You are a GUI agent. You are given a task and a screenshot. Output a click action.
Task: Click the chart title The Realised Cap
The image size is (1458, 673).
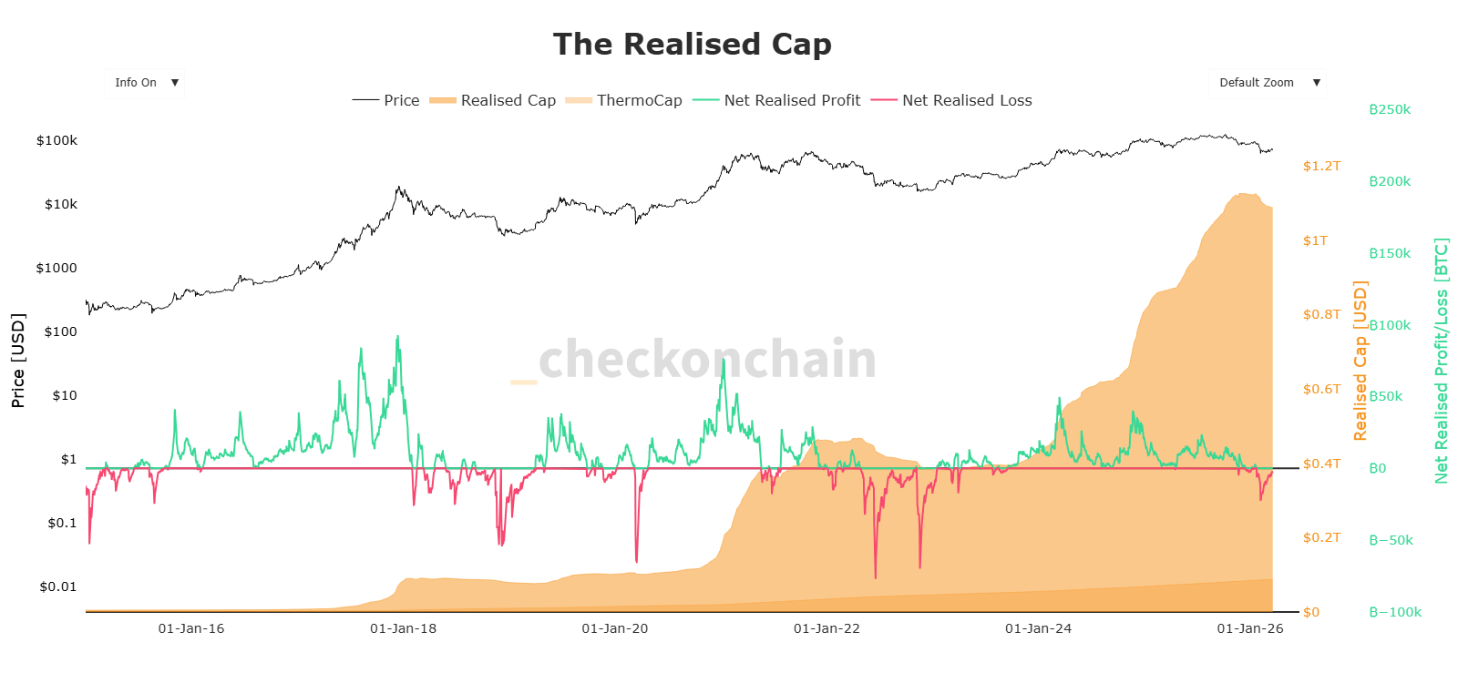pos(692,45)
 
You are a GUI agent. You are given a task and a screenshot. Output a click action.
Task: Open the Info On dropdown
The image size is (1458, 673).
pos(144,83)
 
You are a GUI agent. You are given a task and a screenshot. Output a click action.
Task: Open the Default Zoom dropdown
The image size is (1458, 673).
pos(1267,83)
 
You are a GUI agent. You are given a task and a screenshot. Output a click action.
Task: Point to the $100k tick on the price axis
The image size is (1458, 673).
pos(56,140)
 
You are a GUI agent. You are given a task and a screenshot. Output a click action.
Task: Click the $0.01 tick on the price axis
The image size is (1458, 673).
pos(58,586)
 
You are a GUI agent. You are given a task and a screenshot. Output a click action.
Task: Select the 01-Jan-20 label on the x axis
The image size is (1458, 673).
pos(615,628)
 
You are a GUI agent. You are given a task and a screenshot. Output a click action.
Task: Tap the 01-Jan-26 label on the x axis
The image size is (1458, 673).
pos(1250,628)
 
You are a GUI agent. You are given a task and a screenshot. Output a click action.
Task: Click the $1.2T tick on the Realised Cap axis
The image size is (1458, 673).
pos(1321,166)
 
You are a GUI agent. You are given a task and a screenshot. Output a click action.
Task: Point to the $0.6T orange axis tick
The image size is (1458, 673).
pos(1321,389)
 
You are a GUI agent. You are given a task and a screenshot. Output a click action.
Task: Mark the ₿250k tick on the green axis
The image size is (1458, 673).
pos(1390,109)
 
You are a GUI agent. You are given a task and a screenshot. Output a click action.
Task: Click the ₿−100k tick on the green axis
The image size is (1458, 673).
pos(1395,612)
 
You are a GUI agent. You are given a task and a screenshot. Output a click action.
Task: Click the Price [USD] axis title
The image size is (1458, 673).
pos(18,361)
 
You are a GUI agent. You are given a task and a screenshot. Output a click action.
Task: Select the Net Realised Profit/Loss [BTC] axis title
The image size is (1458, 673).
pos(1441,361)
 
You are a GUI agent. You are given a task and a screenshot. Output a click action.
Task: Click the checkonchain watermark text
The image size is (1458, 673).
pos(707,360)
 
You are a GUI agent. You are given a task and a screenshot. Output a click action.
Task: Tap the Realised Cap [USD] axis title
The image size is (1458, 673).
pos(1360,361)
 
